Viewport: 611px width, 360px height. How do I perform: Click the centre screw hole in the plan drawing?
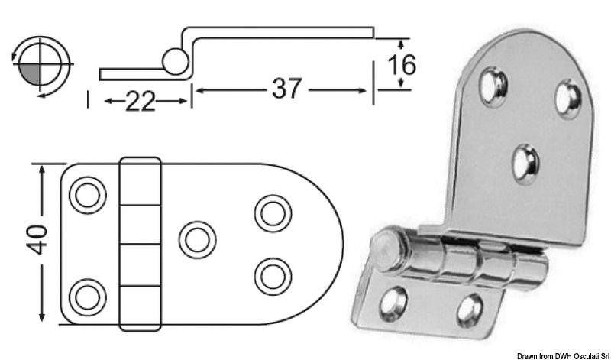pos(197,239)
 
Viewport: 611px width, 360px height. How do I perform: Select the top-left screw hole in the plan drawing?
pos(86,196)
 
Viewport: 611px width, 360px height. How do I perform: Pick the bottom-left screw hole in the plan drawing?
pos(86,294)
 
